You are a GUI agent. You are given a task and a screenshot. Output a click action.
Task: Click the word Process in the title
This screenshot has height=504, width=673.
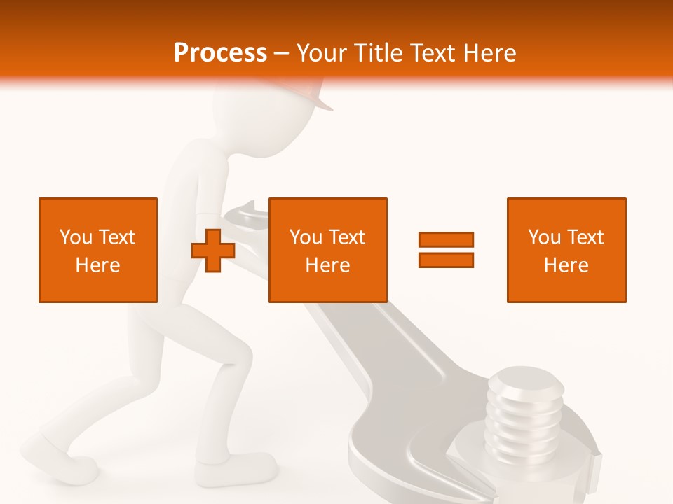220,53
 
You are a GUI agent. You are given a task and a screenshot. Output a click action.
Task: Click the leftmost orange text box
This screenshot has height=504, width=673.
98,250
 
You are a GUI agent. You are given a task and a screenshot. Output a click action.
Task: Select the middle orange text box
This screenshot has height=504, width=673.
327,250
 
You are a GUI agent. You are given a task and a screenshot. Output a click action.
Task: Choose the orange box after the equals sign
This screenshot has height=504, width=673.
566,250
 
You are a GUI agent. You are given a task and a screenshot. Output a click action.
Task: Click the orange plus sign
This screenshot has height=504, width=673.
212,250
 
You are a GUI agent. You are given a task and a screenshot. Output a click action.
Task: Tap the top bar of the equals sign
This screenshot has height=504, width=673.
446,239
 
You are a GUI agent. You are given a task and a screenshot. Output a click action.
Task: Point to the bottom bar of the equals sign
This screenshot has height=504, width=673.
446,260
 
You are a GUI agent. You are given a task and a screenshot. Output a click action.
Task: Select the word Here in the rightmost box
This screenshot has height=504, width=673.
566,265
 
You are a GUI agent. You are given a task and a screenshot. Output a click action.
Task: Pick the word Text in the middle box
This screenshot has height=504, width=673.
347,237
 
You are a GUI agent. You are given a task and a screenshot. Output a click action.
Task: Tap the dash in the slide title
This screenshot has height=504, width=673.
282,53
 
